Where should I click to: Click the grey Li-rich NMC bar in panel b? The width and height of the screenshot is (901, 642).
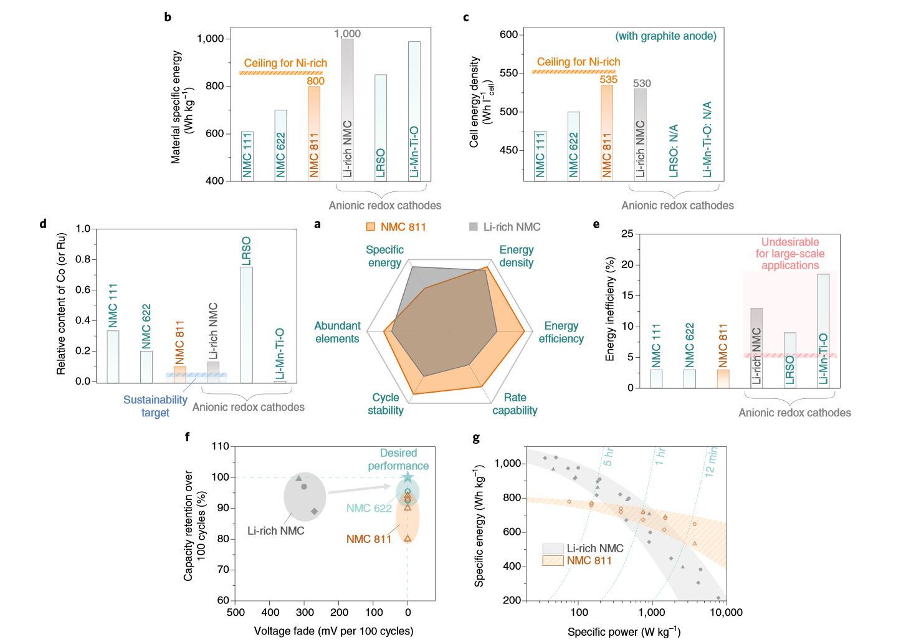point(347,109)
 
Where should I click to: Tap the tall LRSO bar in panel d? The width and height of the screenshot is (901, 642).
point(246,324)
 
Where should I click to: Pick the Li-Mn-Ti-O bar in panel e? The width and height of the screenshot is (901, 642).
point(823,330)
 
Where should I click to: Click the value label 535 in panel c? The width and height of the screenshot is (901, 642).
point(608,79)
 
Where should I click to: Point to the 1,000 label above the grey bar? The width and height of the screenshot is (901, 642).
point(347,34)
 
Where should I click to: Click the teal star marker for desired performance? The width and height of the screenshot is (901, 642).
point(408,477)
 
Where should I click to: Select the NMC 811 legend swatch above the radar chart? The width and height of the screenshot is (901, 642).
point(371,227)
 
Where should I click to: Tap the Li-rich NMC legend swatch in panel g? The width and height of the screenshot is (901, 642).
point(552,549)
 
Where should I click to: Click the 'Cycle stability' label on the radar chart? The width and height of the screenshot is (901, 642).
point(386,404)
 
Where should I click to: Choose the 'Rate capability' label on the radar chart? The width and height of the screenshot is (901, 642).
point(515,404)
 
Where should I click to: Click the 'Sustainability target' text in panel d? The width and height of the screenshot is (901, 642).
point(155,406)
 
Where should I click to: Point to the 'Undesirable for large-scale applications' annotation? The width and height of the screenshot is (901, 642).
point(789,254)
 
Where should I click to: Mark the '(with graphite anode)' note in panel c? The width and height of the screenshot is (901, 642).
point(665,36)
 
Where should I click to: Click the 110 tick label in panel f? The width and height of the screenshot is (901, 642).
point(221,446)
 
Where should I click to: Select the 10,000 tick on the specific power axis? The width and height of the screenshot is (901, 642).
point(726,613)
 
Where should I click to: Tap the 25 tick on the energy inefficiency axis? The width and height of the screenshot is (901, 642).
point(627,234)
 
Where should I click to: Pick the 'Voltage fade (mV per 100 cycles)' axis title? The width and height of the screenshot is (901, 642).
point(333,631)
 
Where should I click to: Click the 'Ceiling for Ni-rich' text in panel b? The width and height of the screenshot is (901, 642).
point(285,63)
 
